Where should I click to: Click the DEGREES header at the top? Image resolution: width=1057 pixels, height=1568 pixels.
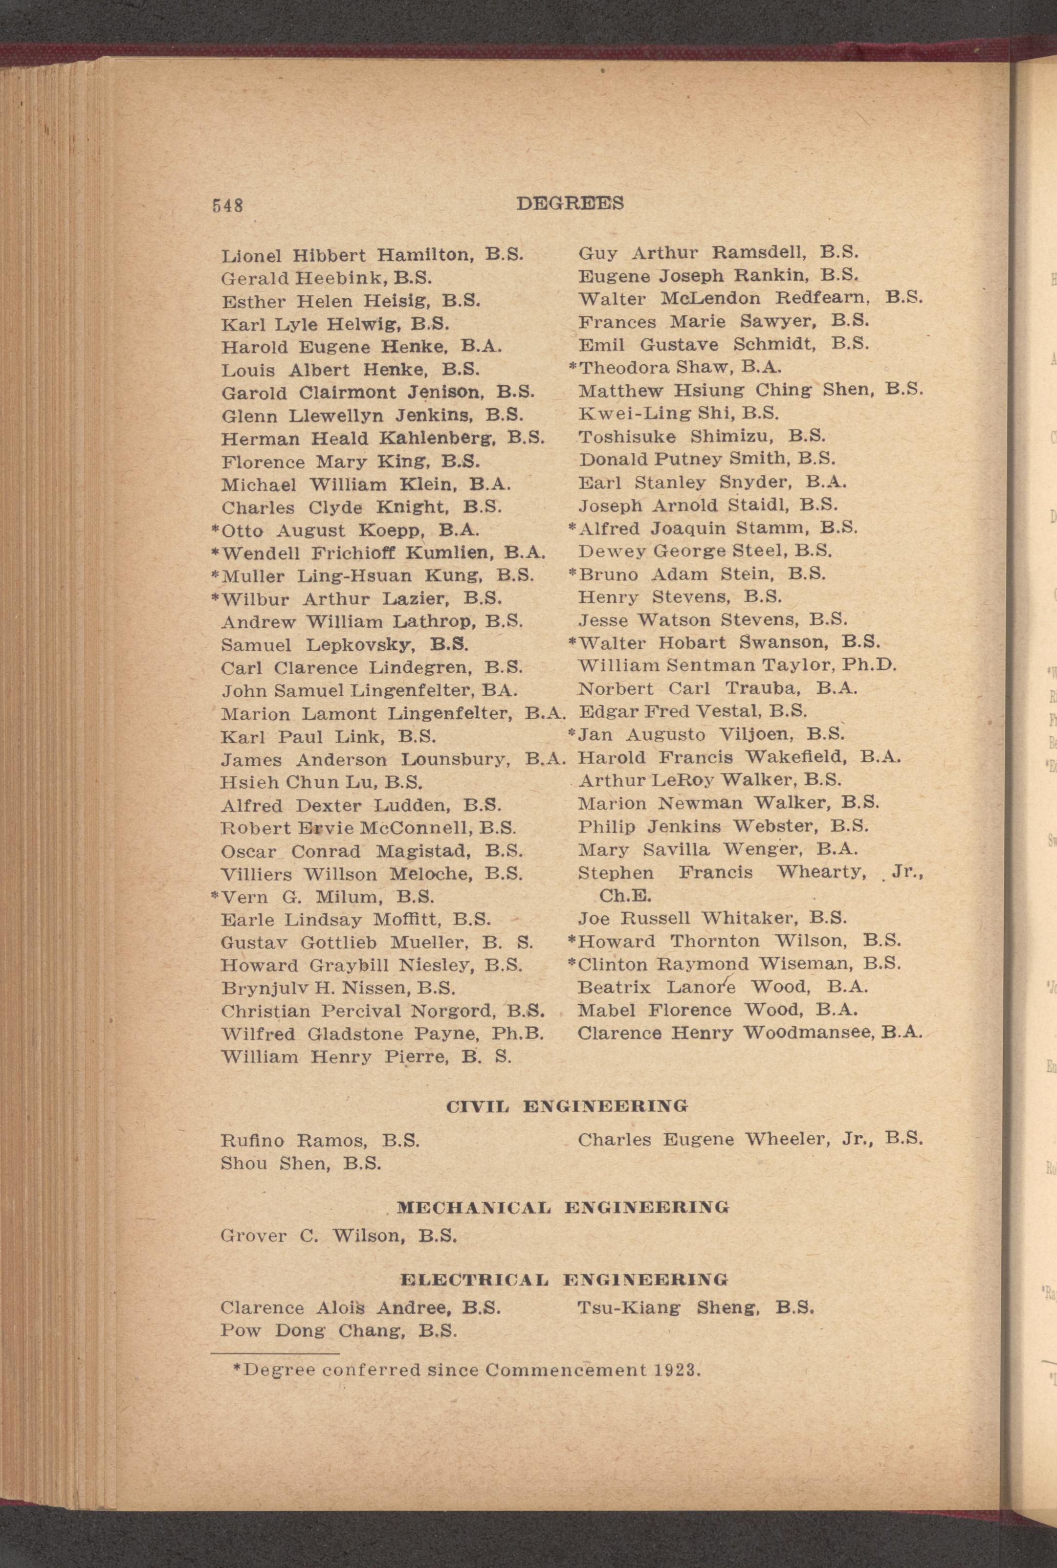[x=570, y=203]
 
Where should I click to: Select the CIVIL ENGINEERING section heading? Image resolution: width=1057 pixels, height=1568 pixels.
[x=567, y=1105]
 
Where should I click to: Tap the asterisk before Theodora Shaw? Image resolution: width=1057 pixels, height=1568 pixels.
[x=573, y=367]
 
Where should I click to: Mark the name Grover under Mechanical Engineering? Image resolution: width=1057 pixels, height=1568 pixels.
[x=253, y=1236]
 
